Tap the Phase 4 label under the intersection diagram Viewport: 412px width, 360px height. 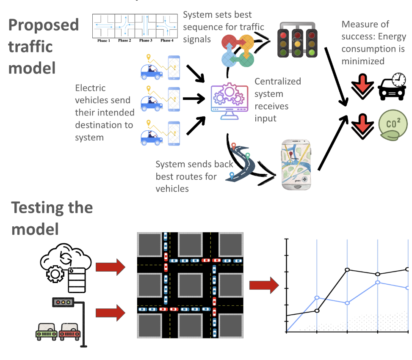point(166,41)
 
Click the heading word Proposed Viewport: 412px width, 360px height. point(44,25)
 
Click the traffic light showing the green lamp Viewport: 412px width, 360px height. point(312,40)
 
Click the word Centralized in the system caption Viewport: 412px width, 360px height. point(277,81)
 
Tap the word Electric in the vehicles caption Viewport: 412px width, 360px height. point(90,88)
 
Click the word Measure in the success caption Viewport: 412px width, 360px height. point(359,25)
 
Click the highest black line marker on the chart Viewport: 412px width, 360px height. point(407,269)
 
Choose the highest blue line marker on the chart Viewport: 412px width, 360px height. point(377,282)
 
